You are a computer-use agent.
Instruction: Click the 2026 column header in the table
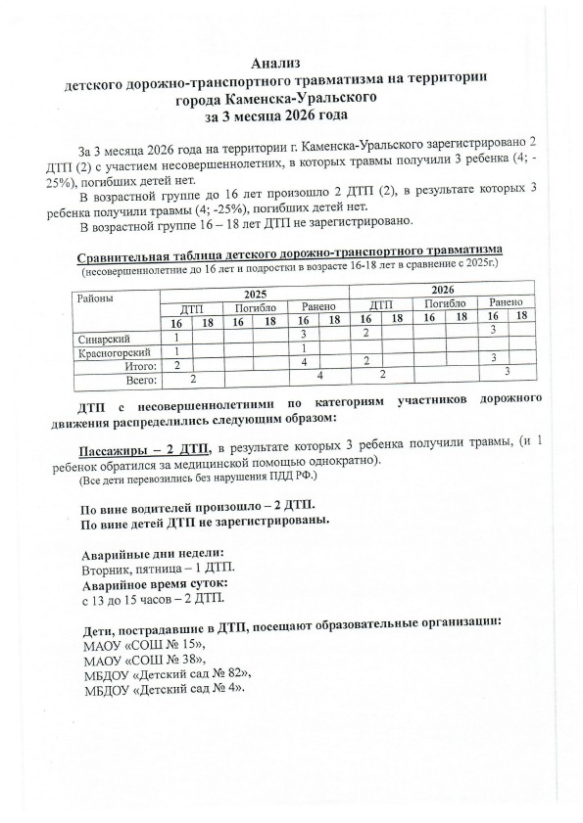tap(442, 291)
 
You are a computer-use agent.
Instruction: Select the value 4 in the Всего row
tap(319, 375)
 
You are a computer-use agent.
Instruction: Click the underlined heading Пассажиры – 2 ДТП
tap(143, 448)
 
